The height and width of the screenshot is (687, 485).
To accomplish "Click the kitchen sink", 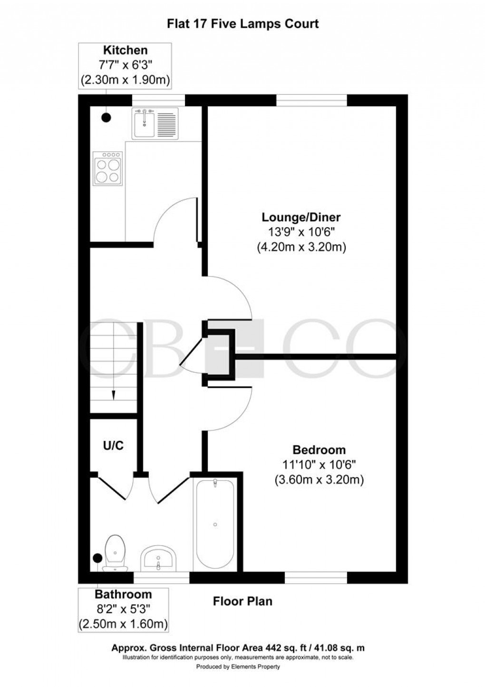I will pyautogui.click(x=155, y=124).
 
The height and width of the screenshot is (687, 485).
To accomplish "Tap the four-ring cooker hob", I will pyautogui.click(x=107, y=169).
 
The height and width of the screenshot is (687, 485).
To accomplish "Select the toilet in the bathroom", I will pyautogui.click(x=115, y=553).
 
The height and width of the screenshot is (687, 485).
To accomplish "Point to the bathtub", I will pyautogui.click(x=215, y=524).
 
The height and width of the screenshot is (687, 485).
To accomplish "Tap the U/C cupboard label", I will pyautogui.click(x=114, y=446).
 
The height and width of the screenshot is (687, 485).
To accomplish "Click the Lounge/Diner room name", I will pyautogui.click(x=301, y=218).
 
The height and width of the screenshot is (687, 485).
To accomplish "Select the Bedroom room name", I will pyautogui.click(x=319, y=450).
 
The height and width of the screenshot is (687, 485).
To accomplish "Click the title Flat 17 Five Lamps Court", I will pyautogui.click(x=242, y=24).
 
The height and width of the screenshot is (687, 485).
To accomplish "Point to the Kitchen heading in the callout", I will pyautogui.click(x=126, y=50).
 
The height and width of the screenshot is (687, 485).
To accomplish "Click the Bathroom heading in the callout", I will pyautogui.click(x=123, y=594).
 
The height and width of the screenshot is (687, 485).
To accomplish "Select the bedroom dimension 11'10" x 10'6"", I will pyautogui.click(x=319, y=465).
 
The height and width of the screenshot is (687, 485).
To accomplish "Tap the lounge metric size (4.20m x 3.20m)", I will pyautogui.click(x=301, y=248).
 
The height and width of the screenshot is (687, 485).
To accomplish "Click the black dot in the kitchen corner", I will pyautogui.click(x=106, y=116).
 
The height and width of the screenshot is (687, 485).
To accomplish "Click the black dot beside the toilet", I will pyautogui.click(x=97, y=558).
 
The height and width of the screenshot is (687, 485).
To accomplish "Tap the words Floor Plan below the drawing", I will pyautogui.click(x=242, y=601).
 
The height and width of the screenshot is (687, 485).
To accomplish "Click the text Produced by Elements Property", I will pyautogui.click(x=238, y=667).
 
